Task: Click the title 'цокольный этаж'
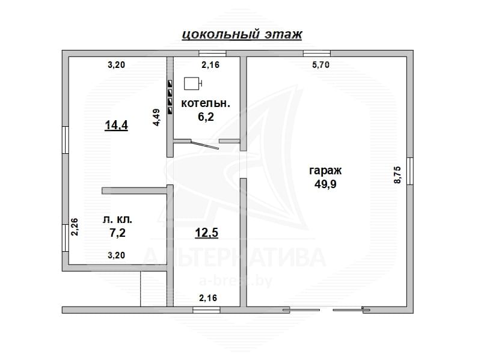click(x=242, y=34)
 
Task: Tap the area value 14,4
click(x=116, y=125)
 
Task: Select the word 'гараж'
click(x=325, y=171)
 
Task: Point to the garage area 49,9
click(x=325, y=184)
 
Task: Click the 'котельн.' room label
click(x=206, y=103)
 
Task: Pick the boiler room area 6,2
click(x=206, y=117)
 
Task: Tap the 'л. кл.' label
click(x=117, y=219)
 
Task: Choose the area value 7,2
click(x=117, y=233)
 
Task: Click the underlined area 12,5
click(x=207, y=233)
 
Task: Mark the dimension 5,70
click(x=321, y=65)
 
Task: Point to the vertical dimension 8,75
click(x=397, y=174)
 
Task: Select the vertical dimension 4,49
click(x=156, y=117)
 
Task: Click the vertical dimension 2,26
click(x=75, y=227)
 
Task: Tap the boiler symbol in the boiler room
click(x=192, y=84)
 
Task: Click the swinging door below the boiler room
click(x=204, y=145)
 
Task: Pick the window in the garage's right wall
click(x=410, y=171)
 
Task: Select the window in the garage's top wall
click(x=317, y=53)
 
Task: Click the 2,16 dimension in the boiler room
click(x=210, y=65)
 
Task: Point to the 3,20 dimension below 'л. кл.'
click(x=116, y=255)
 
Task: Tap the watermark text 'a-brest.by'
click(x=236, y=281)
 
